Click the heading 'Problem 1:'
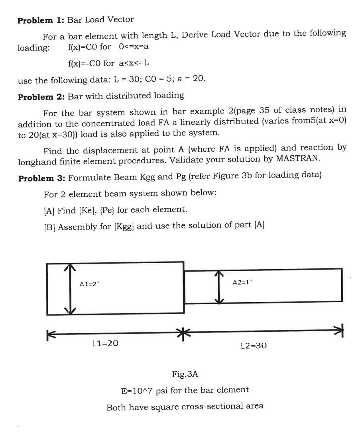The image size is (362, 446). coord(41,20)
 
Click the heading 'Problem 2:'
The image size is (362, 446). coord(41,96)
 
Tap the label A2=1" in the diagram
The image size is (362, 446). coord(242,282)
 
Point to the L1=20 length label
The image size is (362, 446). coord(105,343)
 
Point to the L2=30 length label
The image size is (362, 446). coord(254,346)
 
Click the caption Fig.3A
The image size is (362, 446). coord(185,374)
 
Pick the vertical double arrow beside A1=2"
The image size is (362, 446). coord(70,289)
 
